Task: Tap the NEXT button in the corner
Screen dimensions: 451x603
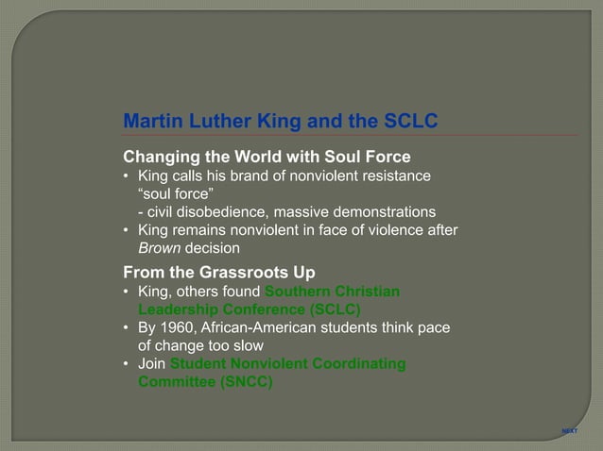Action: point(569,430)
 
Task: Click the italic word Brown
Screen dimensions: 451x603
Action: point(159,249)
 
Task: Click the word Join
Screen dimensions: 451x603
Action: point(151,364)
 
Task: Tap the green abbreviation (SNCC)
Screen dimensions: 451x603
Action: point(241,382)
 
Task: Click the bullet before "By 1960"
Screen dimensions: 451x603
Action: point(128,327)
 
